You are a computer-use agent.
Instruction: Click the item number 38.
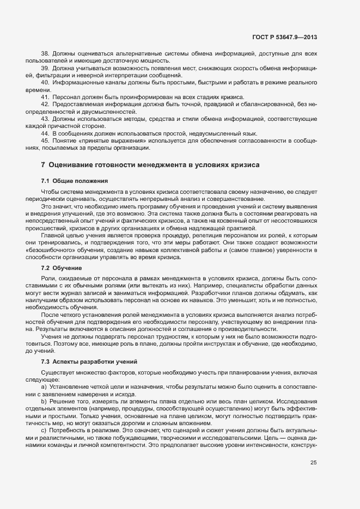[x=45, y=54]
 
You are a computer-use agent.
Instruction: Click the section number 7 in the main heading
[x=43, y=164]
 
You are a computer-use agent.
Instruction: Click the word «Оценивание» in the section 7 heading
[x=70, y=164]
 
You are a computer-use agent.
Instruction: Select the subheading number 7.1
[x=46, y=180]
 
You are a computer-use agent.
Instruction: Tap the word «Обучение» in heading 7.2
[x=68, y=268]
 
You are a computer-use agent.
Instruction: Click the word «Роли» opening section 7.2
[x=48, y=279]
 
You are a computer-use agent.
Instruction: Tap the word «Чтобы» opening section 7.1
[x=51, y=192]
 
